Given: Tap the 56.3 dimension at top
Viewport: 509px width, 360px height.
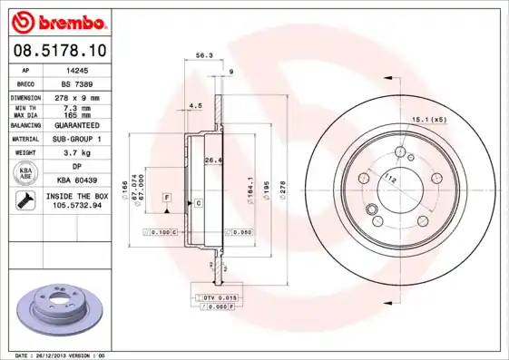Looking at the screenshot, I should point(204,55).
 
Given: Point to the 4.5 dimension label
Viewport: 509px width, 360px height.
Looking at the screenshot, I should point(194,106).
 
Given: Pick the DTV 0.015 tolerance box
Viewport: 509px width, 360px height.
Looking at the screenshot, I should point(216,297).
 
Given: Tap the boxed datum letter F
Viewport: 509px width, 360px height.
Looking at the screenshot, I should point(167,197).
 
